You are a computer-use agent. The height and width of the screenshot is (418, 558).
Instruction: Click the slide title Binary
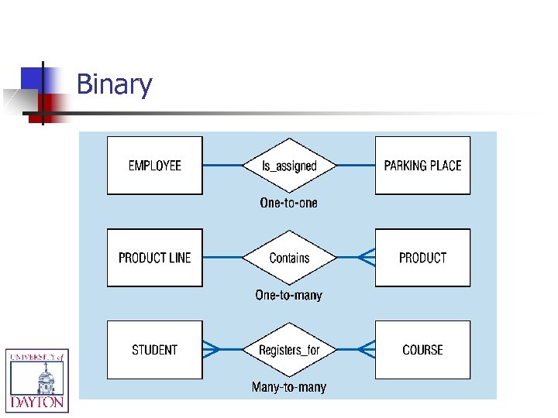click(114, 84)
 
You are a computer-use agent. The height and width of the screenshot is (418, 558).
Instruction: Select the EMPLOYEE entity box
click(154, 166)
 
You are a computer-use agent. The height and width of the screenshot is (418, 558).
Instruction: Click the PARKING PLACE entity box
click(422, 166)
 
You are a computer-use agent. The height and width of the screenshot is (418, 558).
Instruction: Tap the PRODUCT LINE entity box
click(154, 258)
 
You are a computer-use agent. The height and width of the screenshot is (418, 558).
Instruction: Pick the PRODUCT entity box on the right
click(422, 258)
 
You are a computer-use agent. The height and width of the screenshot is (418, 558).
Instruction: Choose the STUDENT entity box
click(154, 350)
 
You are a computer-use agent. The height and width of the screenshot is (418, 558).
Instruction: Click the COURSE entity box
click(422, 350)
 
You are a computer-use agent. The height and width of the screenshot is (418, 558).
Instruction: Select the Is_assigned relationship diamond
click(289, 166)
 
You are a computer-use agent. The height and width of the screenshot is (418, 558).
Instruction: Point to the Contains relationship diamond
click(289, 258)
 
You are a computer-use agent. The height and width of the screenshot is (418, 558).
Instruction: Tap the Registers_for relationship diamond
click(289, 350)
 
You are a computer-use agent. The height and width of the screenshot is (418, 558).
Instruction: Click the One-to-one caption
click(288, 203)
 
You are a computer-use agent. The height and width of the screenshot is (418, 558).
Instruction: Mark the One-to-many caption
click(288, 295)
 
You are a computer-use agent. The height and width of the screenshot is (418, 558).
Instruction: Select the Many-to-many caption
click(288, 387)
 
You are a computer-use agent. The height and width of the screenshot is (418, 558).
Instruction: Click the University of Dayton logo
click(37, 380)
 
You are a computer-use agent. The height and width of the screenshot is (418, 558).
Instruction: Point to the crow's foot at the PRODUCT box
click(367, 258)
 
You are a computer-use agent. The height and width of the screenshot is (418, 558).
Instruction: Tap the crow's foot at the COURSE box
click(367, 350)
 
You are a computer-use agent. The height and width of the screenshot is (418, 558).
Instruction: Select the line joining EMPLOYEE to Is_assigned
click(222, 166)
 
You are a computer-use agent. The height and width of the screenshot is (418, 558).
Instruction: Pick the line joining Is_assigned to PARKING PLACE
click(356, 166)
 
